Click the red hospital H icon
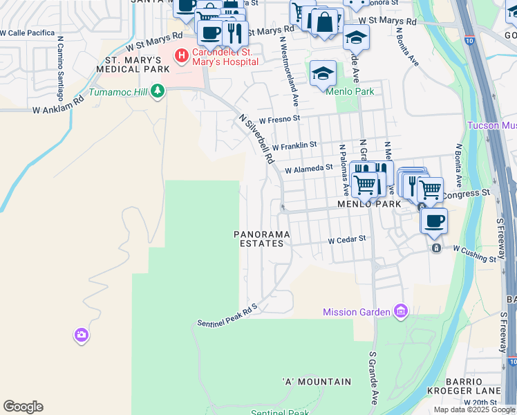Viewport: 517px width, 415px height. point(181,55)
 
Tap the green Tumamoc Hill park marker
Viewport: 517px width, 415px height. point(158,91)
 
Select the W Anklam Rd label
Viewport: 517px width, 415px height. point(58,104)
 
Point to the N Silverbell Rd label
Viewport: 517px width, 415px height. point(256,138)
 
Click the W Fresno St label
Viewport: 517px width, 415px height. point(279,118)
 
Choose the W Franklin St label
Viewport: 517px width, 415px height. point(294,145)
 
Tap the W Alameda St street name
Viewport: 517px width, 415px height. point(309,168)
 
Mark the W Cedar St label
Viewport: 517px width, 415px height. point(346,239)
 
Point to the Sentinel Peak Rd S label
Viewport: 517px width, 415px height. point(227,315)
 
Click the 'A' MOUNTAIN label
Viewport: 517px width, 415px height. point(317,382)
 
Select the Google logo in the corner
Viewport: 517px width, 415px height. point(23,407)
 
